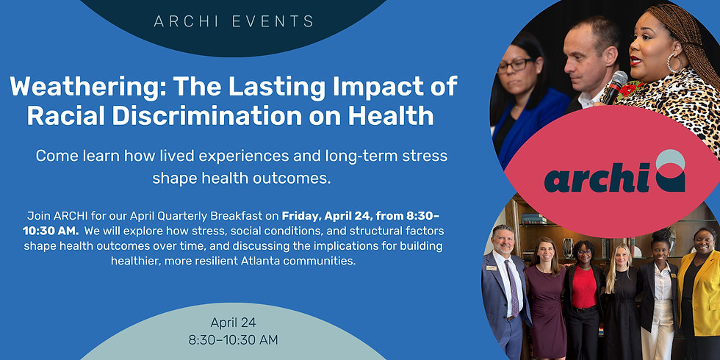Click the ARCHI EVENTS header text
[x=234, y=21]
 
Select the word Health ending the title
[x=398, y=115]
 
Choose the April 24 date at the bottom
[x=234, y=323]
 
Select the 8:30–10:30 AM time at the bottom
[x=234, y=339]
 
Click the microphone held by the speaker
[x=614, y=87]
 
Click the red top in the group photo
[x=583, y=286]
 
